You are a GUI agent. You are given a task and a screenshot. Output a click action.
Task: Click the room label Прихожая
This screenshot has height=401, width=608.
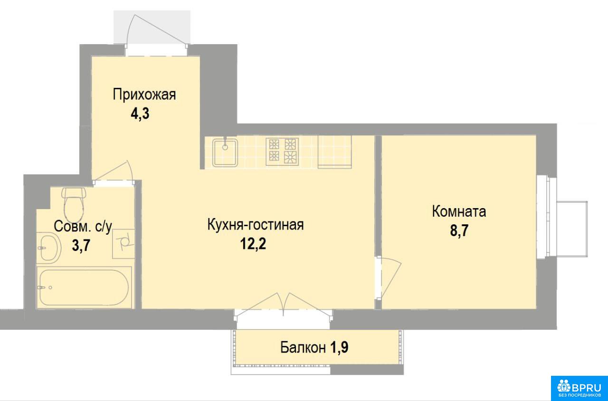point(144,95)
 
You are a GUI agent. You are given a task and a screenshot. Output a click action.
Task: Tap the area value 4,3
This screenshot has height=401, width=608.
point(140,114)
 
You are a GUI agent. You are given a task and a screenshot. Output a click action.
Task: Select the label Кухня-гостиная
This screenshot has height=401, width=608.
point(256,225)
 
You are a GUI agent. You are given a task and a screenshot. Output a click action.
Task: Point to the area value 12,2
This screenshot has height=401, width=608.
point(253,244)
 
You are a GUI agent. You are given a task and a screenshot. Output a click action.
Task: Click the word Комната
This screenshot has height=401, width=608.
point(459,211)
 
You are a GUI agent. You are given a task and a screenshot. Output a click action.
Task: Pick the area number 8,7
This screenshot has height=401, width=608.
point(459,231)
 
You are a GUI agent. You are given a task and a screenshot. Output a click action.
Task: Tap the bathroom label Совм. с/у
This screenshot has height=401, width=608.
point(83,227)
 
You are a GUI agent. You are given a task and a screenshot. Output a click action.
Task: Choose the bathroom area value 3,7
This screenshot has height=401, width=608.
point(81,246)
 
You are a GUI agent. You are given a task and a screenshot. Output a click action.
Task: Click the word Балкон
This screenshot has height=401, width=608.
point(303,347)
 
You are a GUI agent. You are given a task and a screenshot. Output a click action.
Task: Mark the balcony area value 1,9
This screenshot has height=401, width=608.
point(339,347)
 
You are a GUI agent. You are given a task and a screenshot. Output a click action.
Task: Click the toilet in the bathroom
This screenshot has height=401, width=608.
point(74,205)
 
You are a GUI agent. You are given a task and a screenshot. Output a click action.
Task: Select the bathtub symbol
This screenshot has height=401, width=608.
point(84,287)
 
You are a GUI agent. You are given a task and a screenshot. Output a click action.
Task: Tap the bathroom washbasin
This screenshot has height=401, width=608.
point(48,248)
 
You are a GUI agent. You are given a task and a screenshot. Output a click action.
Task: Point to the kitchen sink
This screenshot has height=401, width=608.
point(225,153)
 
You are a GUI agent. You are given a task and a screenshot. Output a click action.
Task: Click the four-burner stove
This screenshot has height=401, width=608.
point(282,152)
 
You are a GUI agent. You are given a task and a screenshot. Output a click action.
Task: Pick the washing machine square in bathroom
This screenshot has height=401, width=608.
point(123,244)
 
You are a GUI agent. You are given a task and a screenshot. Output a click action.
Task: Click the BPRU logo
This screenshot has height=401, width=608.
point(579,388)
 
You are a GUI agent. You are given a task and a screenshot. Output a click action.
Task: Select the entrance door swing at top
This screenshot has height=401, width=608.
point(157,30)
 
